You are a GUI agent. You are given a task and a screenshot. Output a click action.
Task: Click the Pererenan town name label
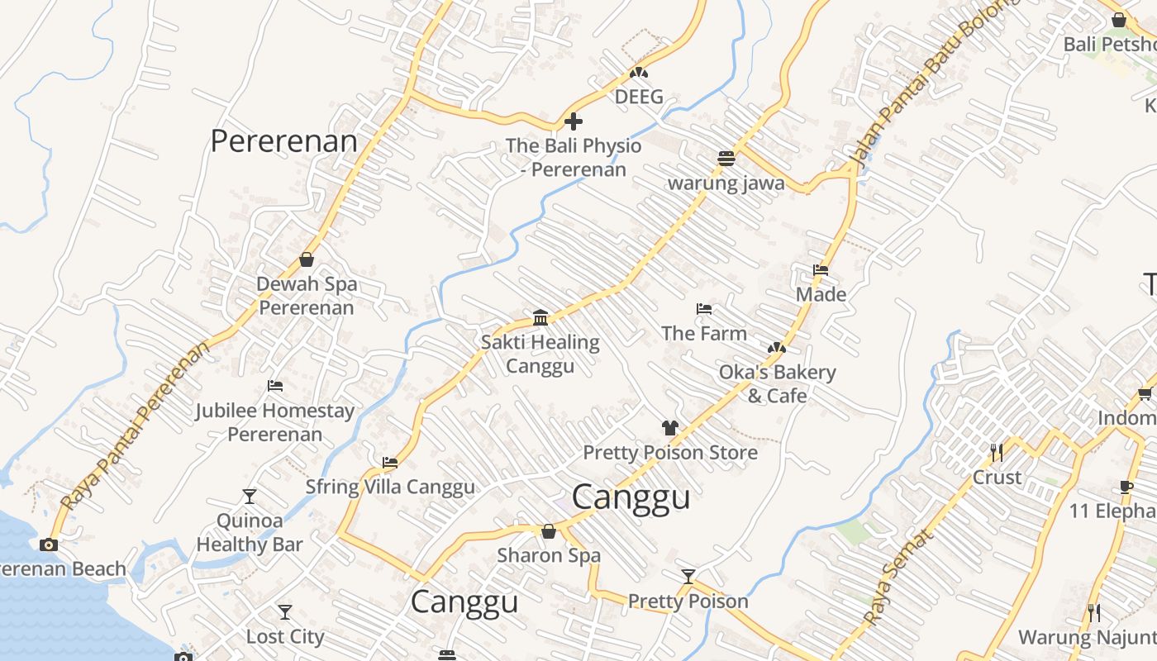pos(283,140)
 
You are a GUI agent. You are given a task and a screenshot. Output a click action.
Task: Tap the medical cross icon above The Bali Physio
pos(573,122)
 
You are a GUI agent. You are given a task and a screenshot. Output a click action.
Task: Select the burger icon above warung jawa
pos(726,158)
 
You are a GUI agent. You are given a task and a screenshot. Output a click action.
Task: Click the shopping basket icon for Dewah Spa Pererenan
pos(307,259)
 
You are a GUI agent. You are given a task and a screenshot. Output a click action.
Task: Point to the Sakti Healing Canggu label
pos(540,354)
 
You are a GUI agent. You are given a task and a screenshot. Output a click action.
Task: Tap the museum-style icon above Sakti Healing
pos(540,317)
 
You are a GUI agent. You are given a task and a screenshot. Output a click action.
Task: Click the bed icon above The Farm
pos(704,309)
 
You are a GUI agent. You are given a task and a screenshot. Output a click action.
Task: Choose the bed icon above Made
pos(821,270)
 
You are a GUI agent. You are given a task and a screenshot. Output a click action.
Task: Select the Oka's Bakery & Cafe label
pos(777,383)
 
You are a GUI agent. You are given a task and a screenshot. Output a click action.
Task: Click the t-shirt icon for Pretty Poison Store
pos(669,427)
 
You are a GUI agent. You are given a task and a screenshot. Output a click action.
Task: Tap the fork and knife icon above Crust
pos(997,452)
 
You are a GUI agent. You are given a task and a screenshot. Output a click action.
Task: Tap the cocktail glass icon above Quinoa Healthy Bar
pos(250,496)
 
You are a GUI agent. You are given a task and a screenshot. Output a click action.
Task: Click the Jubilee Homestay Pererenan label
pos(274,421)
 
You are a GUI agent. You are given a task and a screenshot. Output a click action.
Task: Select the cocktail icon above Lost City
pos(285,611)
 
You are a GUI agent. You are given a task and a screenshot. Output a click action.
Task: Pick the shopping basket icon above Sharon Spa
pos(548,531)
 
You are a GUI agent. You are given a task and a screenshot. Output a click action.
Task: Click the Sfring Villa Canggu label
pos(390,487)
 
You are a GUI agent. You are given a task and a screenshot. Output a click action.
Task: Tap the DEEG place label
pos(639,97)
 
